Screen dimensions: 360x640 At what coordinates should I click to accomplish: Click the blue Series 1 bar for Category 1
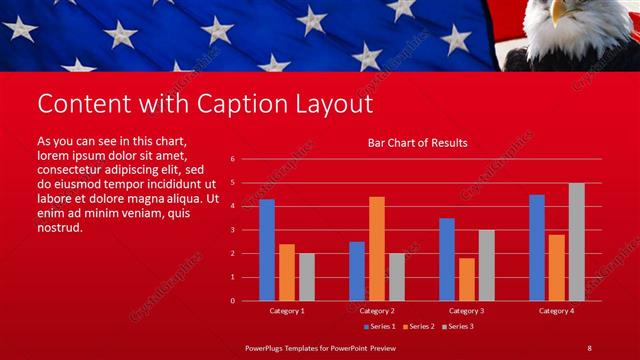coord(267,250)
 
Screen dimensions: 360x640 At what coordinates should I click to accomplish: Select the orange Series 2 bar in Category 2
coord(377,249)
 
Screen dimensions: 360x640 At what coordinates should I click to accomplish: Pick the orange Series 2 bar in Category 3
coord(467,279)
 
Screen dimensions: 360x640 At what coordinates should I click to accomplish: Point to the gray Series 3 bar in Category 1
coord(306,277)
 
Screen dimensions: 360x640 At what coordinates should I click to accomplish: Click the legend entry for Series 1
coord(380,326)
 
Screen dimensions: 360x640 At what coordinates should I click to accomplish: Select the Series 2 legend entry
coord(418,326)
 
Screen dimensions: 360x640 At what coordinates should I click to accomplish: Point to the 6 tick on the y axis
coord(232,159)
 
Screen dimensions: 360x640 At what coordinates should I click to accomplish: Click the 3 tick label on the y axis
coord(232,230)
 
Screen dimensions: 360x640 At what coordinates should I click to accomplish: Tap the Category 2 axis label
coord(377,311)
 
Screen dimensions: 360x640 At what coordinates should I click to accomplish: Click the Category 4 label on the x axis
coord(556,311)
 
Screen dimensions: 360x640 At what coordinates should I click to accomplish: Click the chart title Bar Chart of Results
coord(418,143)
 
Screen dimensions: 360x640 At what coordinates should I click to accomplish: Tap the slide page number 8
coord(589,347)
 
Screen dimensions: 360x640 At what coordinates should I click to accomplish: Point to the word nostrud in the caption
coord(60,228)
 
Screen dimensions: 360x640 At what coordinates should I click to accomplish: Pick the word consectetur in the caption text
coord(75,170)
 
